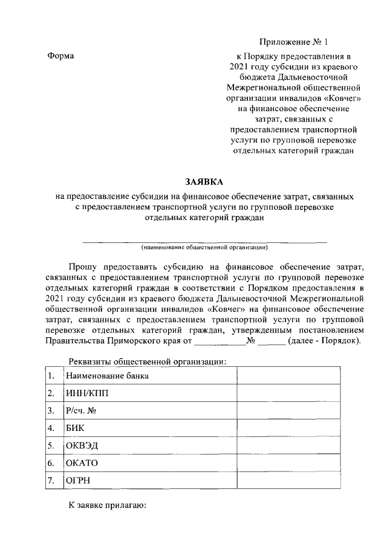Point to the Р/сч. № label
click(x=82, y=411)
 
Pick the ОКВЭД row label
click(x=82, y=446)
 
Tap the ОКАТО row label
click(x=82, y=464)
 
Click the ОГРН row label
click(x=79, y=481)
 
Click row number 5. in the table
click(x=51, y=446)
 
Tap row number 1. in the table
click(x=51, y=376)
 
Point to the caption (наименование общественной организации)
click(x=204, y=247)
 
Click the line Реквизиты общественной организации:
click(x=148, y=361)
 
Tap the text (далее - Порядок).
click(x=325, y=341)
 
